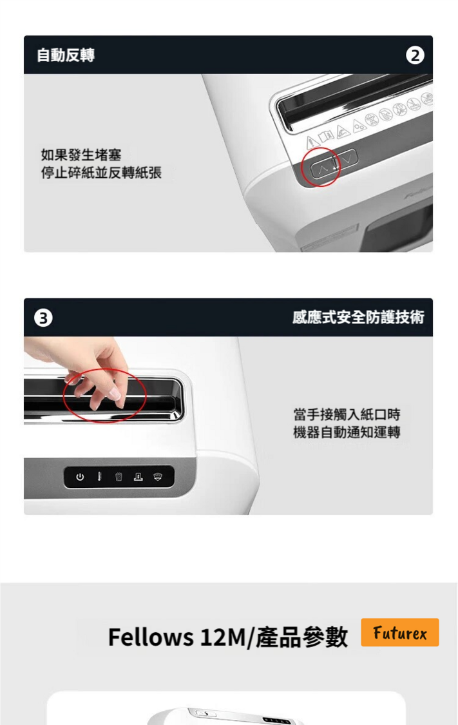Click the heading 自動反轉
pos(66,55)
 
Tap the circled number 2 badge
pos(415,55)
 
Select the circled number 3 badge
pos(43,318)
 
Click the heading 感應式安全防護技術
pos(358,317)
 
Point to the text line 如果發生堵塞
pos(81,155)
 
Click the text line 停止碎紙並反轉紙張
pos(101,173)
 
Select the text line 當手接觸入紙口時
pos(347,414)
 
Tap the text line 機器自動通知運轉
pos(347,432)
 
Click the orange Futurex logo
pos(400,632)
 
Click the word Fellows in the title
pos(151,637)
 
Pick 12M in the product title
pos(224,637)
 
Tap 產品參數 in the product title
pos(301,637)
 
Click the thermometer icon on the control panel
pos(99,476)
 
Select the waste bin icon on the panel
pos(119,476)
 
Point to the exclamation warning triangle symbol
pos(313,142)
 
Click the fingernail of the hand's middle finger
pos(113,394)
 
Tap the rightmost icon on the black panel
pos(158,476)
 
